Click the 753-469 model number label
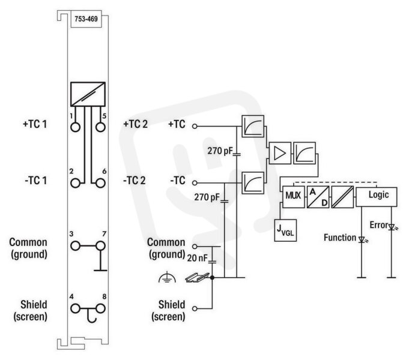pos(86,19)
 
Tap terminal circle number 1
pos(75,127)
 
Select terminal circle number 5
pos(100,127)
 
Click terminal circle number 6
pos(100,183)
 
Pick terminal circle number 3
pos(75,246)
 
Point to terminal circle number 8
pos(100,308)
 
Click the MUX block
pos(293,197)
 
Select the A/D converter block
pos(318,197)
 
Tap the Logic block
pos(376,196)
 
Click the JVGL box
pos(285,230)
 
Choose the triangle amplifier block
pos(280,153)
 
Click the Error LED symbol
pos(392,227)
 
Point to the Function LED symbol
pos(362,239)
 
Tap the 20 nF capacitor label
pos(197,258)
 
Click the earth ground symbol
pos(167,277)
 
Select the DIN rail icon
pos(197,277)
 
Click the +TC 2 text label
pos(136,124)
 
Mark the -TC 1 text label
pos(36,181)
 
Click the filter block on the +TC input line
pos(253,126)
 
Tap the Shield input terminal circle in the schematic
pos(195,308)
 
